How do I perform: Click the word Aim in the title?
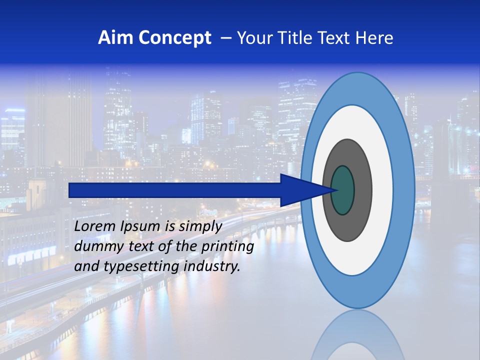pyautogui.click(x=116, y=38)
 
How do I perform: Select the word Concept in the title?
pyautogui.click(x=175, y=38)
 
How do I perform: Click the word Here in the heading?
pyautogui.click(x=374, y=38)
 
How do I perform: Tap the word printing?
pyautogui.click(x=227, y=246)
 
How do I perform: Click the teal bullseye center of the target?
pyautogui.click(x=342, y=190)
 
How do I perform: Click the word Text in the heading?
pyautogui.click(x=335, y=38)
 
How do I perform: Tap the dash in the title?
pyautogui.click(x=225, y=38)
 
